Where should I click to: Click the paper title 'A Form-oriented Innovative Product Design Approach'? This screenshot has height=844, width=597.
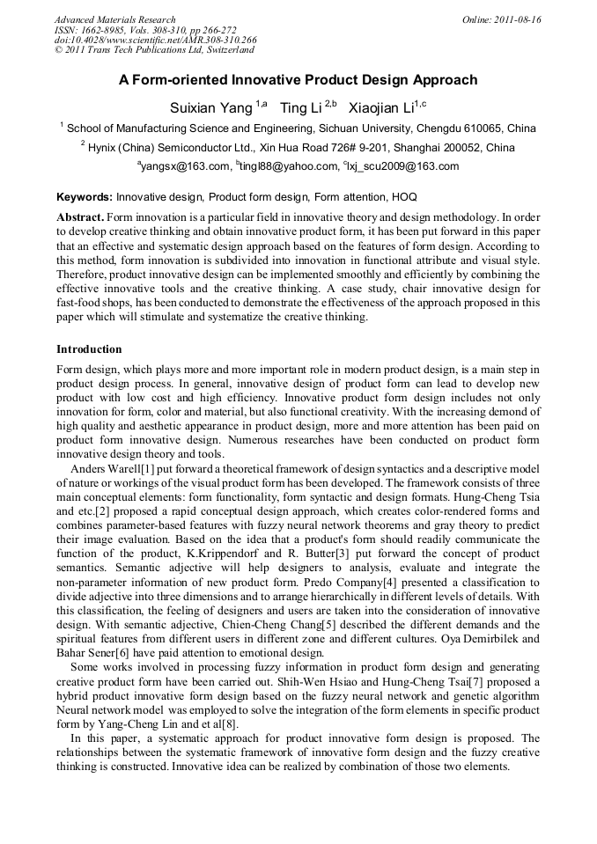298,80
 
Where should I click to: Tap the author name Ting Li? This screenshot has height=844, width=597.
301,108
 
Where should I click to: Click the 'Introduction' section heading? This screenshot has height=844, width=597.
89,349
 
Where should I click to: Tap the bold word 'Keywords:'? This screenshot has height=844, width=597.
85,198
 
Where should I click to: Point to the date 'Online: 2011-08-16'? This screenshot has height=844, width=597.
501,19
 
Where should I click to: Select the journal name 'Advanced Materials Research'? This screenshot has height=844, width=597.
114,19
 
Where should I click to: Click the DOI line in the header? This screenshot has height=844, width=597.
155,40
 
